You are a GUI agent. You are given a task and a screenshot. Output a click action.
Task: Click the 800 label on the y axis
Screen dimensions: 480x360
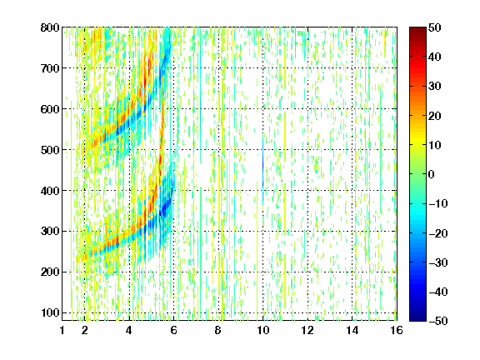point(50,27)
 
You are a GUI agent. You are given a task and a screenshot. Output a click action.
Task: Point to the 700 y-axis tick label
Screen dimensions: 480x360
point(50,68)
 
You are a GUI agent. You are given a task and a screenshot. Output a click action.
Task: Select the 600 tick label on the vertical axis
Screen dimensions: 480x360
point(50,109)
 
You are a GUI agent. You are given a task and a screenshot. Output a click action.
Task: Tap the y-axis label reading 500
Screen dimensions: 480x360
point(50,150)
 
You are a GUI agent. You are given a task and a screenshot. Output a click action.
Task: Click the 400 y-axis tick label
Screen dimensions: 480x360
point(50,191)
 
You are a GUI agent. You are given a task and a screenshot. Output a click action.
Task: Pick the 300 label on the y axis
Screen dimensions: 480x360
point(50,231)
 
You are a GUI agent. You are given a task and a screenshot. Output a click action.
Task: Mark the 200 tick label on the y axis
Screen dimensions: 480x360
point(50,272)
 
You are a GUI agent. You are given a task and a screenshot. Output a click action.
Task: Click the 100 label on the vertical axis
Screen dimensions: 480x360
point(50,312)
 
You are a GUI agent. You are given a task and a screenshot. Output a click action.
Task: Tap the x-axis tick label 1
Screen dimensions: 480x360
point(62,330)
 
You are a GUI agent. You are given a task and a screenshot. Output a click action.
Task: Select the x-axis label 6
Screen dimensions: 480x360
point(174,330)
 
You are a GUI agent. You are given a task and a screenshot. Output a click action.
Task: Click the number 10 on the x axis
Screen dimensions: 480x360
point(263,330)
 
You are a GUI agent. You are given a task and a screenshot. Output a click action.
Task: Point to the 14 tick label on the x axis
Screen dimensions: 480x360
point(352,330)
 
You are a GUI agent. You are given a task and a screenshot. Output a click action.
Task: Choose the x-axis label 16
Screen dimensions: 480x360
point(397,330)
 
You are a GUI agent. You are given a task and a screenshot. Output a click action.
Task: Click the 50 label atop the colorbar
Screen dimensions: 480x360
point(435,27)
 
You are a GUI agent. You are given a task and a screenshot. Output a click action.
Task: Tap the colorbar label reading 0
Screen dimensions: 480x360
point(432,174)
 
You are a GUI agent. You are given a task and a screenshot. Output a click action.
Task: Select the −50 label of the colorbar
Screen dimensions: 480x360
point(438,321)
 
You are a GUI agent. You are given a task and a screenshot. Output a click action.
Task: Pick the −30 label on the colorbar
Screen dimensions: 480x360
point(438,262)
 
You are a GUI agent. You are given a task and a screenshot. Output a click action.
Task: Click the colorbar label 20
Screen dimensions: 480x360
point(435,116)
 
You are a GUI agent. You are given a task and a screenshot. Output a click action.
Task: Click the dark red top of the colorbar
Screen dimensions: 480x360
point(417,32)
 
